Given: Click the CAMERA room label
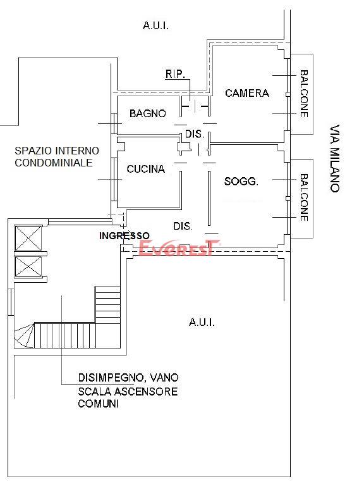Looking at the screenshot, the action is tap(247, 93).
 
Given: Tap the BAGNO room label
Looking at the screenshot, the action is tap(148, 113).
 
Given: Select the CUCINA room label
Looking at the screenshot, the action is tap(146, 169).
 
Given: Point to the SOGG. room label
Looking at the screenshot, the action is tap(241, 182).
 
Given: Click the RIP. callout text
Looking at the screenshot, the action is tap(175, 74).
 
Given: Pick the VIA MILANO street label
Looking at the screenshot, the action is tap(335, 158).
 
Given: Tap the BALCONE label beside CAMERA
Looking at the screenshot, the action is tap(304, 94).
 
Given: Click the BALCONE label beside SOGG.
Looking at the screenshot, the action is tap(304, 197).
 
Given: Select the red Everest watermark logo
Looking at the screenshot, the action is tap(179, 247).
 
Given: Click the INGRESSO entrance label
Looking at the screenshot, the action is tap(124, 235).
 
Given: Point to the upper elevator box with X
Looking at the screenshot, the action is tap(28, 238).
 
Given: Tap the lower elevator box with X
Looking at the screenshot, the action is tap(28, 266).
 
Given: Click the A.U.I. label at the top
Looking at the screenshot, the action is tap(155, 25).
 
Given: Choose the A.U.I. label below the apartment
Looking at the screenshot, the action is tap(202, 322).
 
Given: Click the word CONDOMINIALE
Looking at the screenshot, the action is tap(54, 163).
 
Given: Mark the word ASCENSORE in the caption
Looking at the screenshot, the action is tap(146, 391).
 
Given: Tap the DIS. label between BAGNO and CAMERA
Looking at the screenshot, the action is tap(195, 134).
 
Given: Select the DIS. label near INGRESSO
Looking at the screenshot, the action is tap(183, 226).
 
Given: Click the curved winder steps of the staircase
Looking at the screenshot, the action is tap(24, 335).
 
